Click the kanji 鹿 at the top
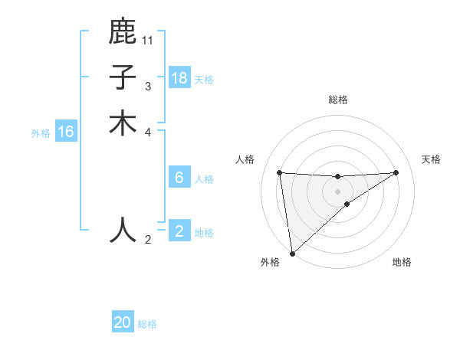tap(123, 31)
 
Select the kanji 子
tap(123, 77)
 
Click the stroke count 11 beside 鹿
tap(148, 40)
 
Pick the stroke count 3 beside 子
tap(148, 86)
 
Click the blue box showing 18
tap(179, 78)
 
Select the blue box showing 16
tap(66, 133)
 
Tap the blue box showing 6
tap(179, 178)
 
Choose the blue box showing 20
tap(123, 322)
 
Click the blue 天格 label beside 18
tap(203, 80)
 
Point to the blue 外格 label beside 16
tap(41, 133)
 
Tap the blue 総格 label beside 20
tap(147, 324)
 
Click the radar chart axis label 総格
tap(337, 100)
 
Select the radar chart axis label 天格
tap(431, 159)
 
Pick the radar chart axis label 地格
tap(402, 262)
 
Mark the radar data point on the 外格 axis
tap(292, 253)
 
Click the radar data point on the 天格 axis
tap(396, 172)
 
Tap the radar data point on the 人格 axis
tap(279, 172)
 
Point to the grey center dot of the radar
tap(337, 191)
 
